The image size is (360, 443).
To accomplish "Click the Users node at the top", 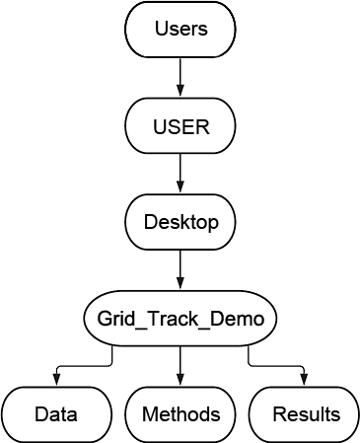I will [x=180, y=30].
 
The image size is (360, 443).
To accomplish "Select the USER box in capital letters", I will [x=180, y=125].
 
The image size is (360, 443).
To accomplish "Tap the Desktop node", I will [x=180, y=222].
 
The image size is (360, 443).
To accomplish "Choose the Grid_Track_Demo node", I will [x=180, y=318].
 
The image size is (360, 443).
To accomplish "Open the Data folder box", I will [x=56, y=414].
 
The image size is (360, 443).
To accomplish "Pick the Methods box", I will [x=180, y=414].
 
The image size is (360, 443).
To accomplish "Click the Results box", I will [x=304, y=414].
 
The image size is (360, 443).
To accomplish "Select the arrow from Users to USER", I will [x=180, y=77].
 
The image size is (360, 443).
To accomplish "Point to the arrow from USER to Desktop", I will [x=180, y=174].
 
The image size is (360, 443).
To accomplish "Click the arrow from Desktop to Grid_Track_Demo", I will [x=180, y=269].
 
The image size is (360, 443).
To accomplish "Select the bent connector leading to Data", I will [x=84, y=366].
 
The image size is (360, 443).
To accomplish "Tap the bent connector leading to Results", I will [x=276, y=366].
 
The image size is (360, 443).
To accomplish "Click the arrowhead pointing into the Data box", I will [x=56, y=381].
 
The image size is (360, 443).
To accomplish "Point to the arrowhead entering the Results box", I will [x=304, y=381].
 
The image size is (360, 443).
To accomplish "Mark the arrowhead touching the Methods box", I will [x=180, y=381].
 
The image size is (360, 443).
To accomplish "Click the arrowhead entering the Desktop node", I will [x=180, y=188].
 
